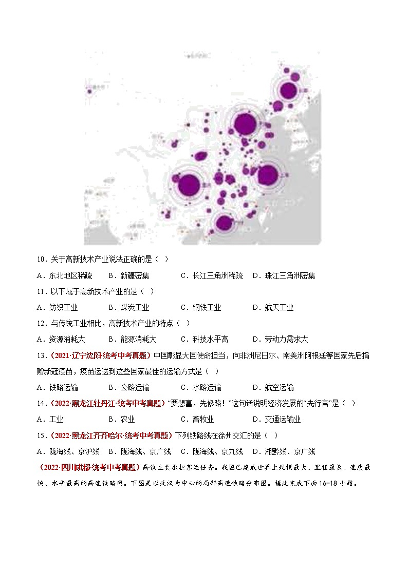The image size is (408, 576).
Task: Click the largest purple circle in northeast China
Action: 289,90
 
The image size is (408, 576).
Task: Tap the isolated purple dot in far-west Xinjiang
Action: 90,91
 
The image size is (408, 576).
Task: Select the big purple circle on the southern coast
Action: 224,223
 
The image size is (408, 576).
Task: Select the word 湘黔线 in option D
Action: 272,451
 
